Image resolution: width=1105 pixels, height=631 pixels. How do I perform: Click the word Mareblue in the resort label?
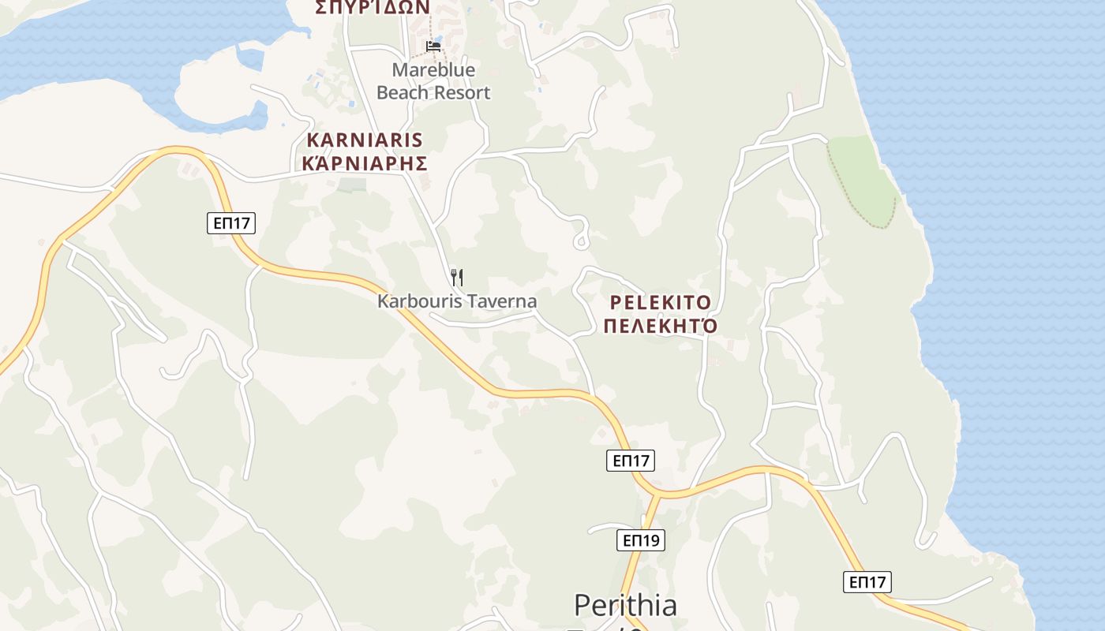pyautogui.click(x=433, y=70)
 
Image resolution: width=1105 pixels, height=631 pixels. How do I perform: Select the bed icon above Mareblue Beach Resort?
pyautogui.click(x=433, y=46)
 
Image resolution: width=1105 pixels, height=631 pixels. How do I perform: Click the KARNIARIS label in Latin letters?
pyautogui.click(x=364, y=140)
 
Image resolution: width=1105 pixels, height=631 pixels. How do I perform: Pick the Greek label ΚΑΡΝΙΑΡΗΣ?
pyautogui.click(x=364, y=163)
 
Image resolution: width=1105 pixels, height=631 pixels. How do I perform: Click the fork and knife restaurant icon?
pyautogui.click(x=456, y=277)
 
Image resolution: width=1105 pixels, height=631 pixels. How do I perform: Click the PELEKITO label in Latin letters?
pyautogui.click(x=660, y=303)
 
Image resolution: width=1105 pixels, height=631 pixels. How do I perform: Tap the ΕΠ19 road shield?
pyautogui.click(x=640, y=540)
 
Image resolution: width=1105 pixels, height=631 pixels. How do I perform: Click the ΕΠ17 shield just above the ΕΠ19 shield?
pyautogui.click(x=631, y=461)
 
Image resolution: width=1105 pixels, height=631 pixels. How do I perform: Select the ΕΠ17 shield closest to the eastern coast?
pyautogui.click(x=867, y=582)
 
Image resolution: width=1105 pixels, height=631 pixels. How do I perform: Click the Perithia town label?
pyautogui.click(x=625, y=605)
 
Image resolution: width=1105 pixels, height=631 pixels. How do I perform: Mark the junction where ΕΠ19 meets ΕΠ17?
pyautogui.click(x=654, y=495)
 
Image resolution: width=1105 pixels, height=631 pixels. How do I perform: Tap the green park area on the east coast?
pyautogui.click(x=863, y=181)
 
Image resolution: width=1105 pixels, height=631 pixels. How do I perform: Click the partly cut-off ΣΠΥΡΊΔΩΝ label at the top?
pyautogui.click(x=372, y=7)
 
